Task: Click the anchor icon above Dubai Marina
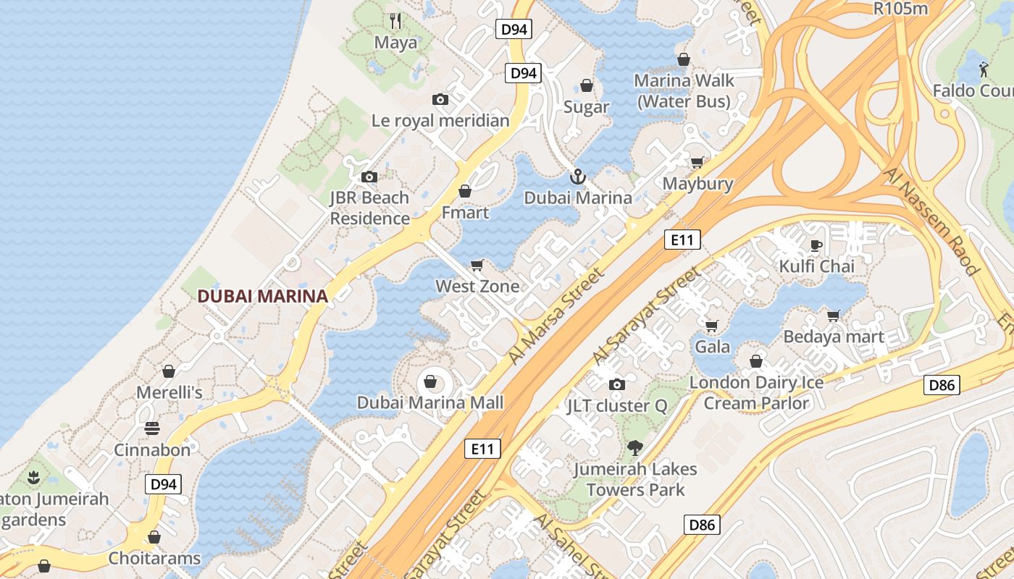click(x=577, y=176)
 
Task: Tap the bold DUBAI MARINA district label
click(x=262, y=296)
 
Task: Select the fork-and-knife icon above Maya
click(x=395, y=21)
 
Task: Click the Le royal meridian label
click(x=440, y=121)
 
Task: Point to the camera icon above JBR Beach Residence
click(x=369, y=177)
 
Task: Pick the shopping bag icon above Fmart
click(x=465, y=191)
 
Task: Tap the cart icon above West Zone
click(x=477, y=265)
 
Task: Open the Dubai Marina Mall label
click(x=430, y=402)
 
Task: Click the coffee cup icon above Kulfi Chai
click(x=816, y=245)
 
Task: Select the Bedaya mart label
click(x=834, y=337)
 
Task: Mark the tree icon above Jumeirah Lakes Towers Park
click(x=635, y=448)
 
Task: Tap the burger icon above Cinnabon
click(x=152, y=428)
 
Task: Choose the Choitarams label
click(x=154, y=559)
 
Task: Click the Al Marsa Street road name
click(x=556, y=316)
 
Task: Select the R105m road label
click(x=901, y=9)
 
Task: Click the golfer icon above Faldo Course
click(x=983, y=69)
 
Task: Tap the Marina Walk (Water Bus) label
click(x=684, y=91)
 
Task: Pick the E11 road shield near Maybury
click(x=682, y=240)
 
